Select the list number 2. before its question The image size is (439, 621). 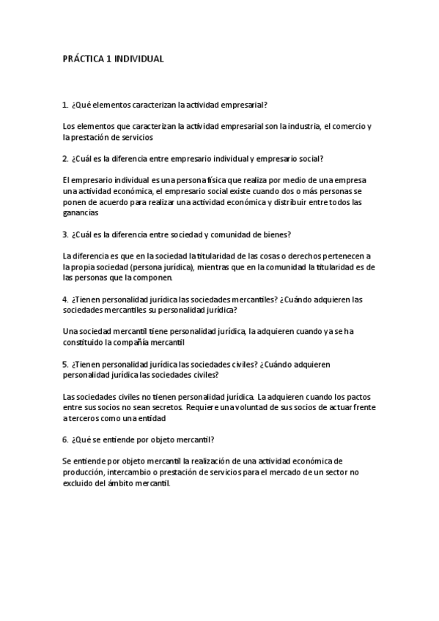pos(66,158)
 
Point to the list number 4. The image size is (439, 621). pos(66,299)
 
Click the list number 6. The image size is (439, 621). pos(66,439)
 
